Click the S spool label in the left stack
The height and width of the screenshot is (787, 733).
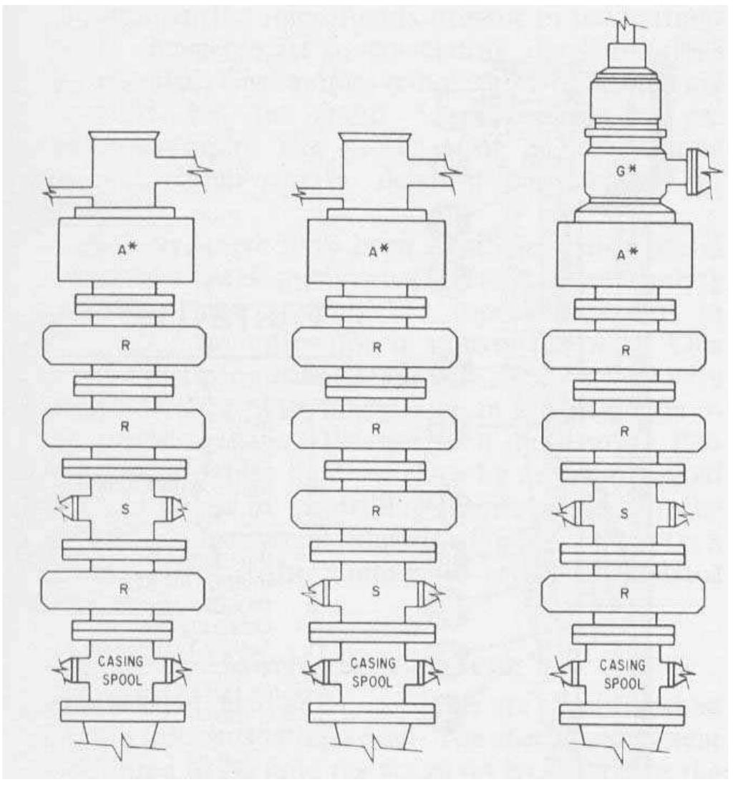[x=123, y=508]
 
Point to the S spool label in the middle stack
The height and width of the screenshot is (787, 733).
[x=374, y=592]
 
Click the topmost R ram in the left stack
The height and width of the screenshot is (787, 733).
[x=123, y=347]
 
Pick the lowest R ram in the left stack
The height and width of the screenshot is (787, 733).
[x=123, y=590]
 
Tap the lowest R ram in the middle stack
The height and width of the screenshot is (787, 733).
[x=374, y=510]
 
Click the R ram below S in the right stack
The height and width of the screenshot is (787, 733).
[x=623, y=594]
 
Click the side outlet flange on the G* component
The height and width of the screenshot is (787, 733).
[x=692, y=172]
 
